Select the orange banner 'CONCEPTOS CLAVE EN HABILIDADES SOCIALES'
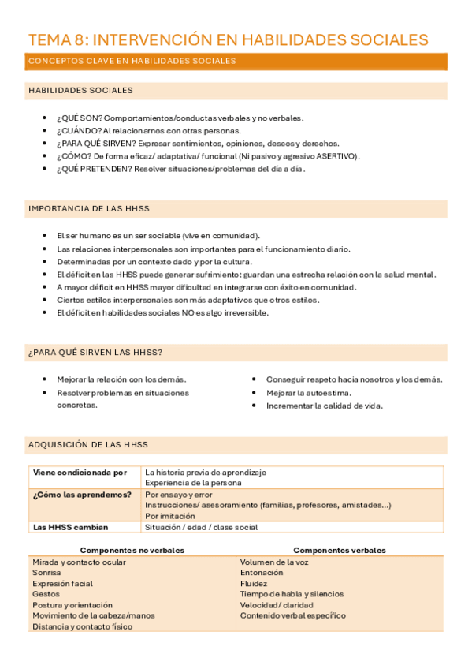click(x=132, y=61)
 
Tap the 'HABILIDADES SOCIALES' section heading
click(x=80, y=91)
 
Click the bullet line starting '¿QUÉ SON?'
click(x=180, y=118)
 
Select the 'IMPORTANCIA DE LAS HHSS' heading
click(x=88, y=208)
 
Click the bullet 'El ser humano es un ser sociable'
click(x=158, y=236)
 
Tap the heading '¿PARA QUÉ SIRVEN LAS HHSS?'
click(x=95, y=352)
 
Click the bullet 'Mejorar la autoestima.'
click(x=309, y=393)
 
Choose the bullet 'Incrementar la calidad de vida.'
click(x=325, y=406)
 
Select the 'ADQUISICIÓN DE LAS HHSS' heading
click(x=87, y=444)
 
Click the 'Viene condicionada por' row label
click(x=80, y=473)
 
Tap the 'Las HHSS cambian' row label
click(x=70, y=527)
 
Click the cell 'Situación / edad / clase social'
click(x=201, y=527)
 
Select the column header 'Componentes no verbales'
click(x=132, y=550)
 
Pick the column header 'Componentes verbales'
click(x=339, y=550)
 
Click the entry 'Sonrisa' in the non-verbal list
click(x=46, y=573)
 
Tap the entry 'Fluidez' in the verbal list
click(x=254, y=584)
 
